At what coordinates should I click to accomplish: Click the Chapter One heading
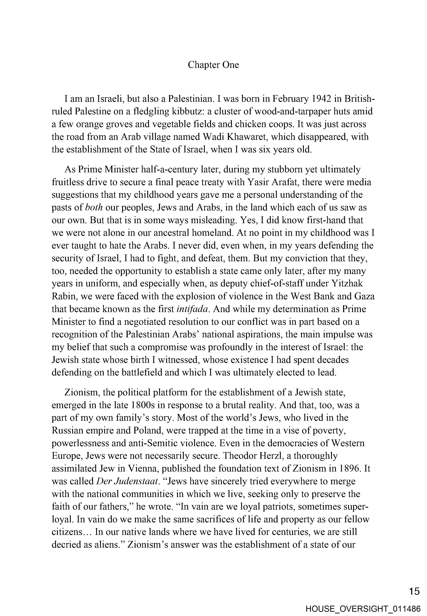tap(213, 65)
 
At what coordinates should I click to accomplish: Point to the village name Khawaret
tap(248, 137)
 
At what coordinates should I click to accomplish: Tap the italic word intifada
tap(192, 309)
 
